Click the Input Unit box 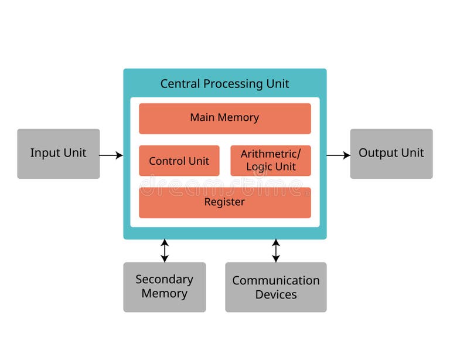point(59,154)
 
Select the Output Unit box point(391,154)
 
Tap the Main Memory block point(224,118)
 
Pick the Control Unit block point(179,161)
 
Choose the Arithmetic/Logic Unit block point(271,161)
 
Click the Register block point(224,202)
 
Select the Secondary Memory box point(164,287)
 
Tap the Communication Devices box point(276,287)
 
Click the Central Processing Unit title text point(224,84)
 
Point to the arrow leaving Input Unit point(111,155)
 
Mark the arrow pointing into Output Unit point(338,155)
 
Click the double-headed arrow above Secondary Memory point(165,250)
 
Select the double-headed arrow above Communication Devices point(276,250)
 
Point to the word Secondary point(164,279)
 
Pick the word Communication point(276,280)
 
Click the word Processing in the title point(233,84)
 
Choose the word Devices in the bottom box point(276,294)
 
